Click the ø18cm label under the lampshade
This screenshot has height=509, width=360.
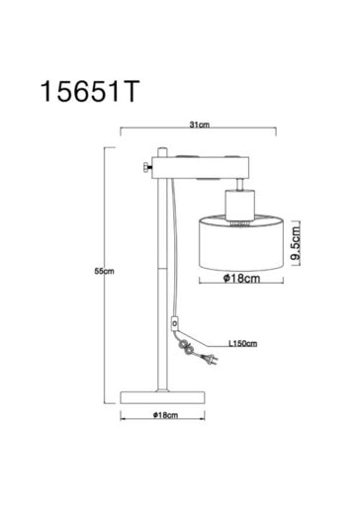point(241,280)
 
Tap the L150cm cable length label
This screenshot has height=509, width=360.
point(242,345)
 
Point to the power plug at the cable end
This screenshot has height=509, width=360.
point(207,361)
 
